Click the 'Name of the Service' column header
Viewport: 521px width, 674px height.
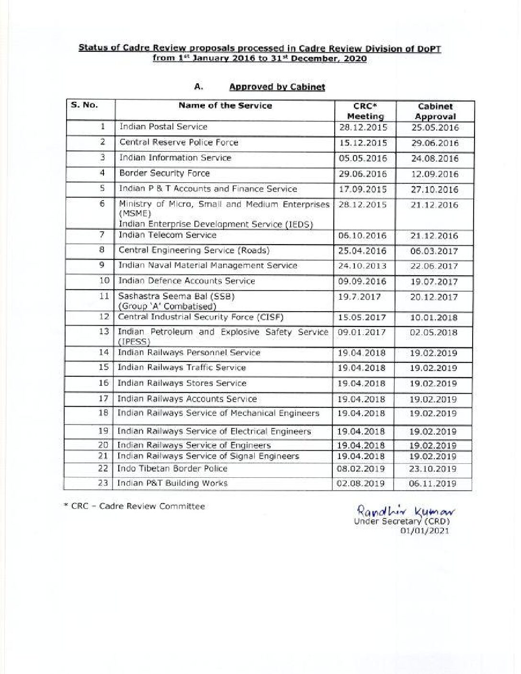click(x=225, y=106)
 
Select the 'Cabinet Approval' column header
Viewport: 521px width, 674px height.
click(x=435, y=112)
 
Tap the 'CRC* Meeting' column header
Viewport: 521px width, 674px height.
click(x=365, y=111)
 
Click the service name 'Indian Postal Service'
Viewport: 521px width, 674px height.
click(x=163, y=127)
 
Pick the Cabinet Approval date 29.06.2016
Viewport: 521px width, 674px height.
click(x=435, y=143)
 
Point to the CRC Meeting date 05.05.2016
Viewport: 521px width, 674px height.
click(x=362, y=158)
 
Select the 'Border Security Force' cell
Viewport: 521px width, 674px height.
click(x=164, y=173)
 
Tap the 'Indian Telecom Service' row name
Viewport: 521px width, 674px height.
click(x=167, y=235)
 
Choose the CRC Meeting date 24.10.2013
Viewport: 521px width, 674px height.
click(x=362, y=266)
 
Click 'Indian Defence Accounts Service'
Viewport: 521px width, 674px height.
click(x=186, y=281)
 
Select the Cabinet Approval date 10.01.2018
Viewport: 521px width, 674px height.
click(x=433, y=318)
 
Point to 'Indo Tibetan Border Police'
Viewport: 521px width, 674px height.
click(x=172, y=469)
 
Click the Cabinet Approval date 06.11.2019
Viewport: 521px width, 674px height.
click(x=432, y=484)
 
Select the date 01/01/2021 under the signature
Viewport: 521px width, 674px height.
click(x=425, y=530)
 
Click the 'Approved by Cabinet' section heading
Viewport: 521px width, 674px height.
click(x=277, y=87)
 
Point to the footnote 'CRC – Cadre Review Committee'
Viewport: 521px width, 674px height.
click(x=135, y=506)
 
